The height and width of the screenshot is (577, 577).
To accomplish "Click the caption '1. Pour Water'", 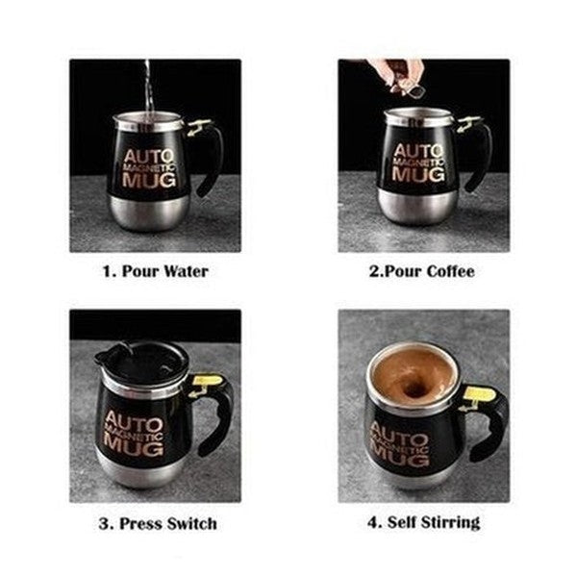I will pyautogui.click(x=155, y=271).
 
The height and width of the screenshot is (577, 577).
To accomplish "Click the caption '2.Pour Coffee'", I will pyautogui.click(x=422, y=271).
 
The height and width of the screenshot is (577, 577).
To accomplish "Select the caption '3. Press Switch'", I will pyautogui.click(x=158, y=524).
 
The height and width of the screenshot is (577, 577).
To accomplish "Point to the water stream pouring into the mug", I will pyautogui.click(x=147, y=87).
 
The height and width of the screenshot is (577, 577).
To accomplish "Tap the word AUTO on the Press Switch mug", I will pyautogui.click(x=134, y=420).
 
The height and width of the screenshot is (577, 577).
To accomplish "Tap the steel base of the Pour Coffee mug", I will pyautogui.click(x=414, y=204).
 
